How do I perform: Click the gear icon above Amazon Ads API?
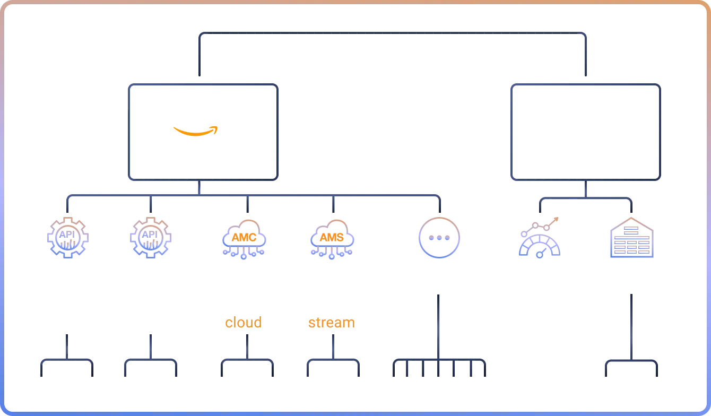[68, 237]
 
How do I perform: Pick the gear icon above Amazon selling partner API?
[151, 237]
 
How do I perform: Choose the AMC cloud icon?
[244, 239]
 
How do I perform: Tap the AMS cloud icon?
[332, 239]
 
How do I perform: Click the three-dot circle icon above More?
[439, 237]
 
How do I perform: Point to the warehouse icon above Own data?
[631, 237]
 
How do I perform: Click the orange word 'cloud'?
[244, 323]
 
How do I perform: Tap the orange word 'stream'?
[332, 323]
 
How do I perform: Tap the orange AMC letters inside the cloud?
[244, 238]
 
